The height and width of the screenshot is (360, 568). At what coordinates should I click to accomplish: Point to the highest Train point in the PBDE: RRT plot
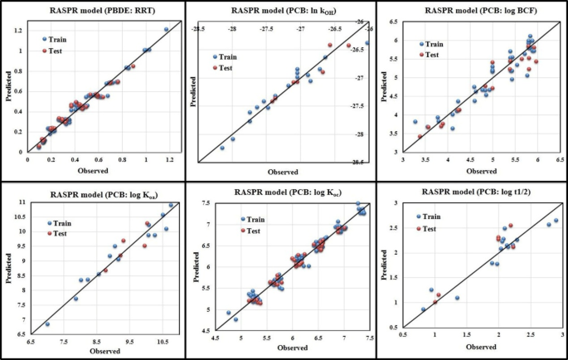click(166, 30)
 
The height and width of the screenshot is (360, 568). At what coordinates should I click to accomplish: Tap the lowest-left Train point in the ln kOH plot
click(221, 148)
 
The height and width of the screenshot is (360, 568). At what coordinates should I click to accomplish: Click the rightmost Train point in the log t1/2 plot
click(556, 221)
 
